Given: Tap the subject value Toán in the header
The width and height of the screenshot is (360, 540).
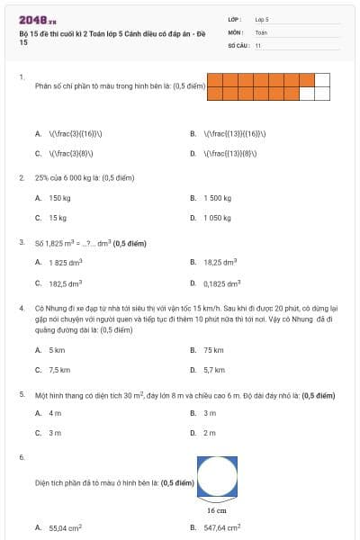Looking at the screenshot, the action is tap(261, 31).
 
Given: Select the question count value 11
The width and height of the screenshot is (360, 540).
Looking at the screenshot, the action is tap(258, 44).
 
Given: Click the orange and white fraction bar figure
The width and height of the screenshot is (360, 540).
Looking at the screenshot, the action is tap(268, 86).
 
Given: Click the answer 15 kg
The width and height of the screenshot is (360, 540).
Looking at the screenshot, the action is tap(58, 218).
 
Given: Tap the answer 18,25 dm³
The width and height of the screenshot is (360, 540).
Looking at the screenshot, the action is tap(220, 262).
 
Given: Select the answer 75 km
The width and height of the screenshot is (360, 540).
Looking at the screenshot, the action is tap(213, 350).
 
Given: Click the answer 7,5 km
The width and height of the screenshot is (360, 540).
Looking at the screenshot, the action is tap(59, 370).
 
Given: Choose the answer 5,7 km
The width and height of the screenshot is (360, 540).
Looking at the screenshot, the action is tap(214, 370).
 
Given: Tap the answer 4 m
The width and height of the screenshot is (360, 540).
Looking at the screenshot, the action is tap(55, 413).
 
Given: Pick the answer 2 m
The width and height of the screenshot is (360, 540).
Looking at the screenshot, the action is tap(210, 433).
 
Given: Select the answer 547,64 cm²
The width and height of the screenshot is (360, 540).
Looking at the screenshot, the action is tap(224, 527).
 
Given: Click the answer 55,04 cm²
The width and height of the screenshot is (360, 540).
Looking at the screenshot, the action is tap(66, 527).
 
